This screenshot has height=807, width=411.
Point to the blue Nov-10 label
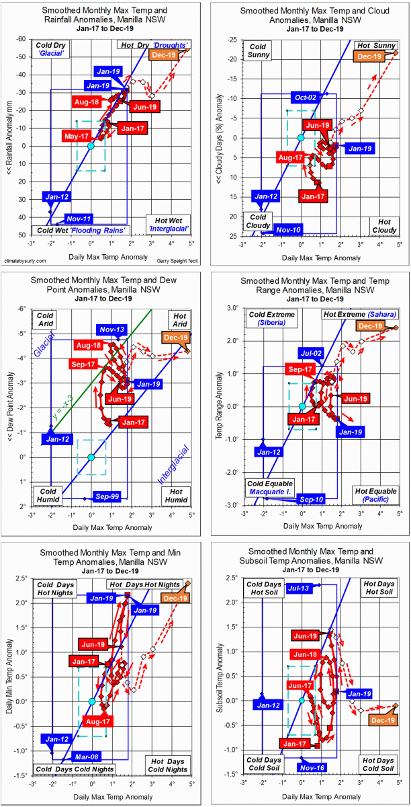point(288,230)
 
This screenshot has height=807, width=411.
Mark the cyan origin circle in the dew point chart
point(91,457)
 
